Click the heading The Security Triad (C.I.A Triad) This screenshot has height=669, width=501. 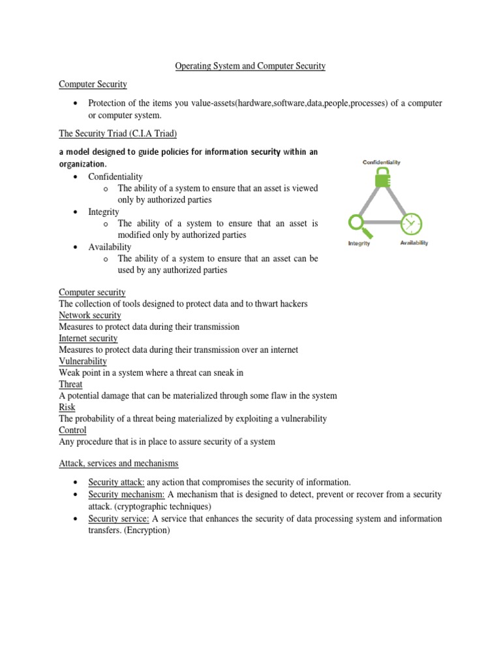(x=118, y=133)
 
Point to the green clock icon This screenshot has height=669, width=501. (x=410, y=223)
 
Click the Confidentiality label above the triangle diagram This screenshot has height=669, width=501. (x=382, y=162)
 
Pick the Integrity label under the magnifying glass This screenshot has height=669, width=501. (x=359, y=243)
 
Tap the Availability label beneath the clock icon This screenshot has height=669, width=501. (x=414, y=243)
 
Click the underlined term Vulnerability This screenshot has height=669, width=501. (x=83, y=361)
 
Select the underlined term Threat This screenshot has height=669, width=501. (x=70, y=384)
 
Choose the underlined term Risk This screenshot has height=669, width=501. (x=67, y=407)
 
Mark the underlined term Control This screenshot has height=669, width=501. (x=73, y=430)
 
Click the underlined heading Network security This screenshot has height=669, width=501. (x=90, y=315)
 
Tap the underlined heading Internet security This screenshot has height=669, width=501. (x=88, y=338)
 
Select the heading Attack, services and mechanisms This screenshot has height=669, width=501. (x=118, y=463)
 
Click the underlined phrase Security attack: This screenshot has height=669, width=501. (x=116, y=482)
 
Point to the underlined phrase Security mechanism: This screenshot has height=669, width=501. (x=127, y=495)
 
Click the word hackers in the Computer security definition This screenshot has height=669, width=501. (x=291, y=304)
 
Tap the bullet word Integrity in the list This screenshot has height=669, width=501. (x=104, y=212)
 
